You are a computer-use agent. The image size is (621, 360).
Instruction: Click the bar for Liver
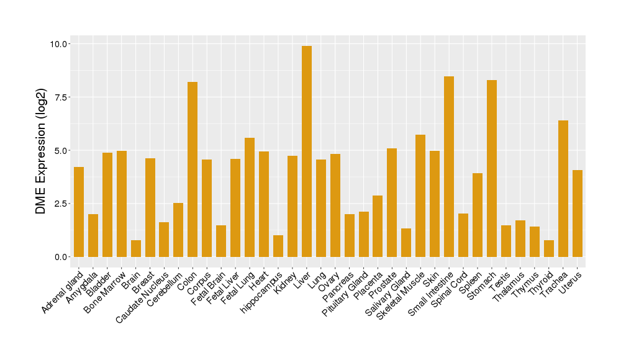(307, 151)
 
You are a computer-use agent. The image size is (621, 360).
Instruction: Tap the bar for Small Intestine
(449, 166)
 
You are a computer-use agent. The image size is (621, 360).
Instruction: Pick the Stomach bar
(492, 168)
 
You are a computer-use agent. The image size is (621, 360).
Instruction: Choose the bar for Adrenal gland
(79, 212)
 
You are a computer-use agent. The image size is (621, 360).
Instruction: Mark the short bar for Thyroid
(549, 248)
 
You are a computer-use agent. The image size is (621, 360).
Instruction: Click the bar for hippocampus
(278, 246)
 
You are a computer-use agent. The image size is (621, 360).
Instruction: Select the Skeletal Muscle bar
(420, 196)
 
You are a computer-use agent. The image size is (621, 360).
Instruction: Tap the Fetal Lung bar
(250, 197)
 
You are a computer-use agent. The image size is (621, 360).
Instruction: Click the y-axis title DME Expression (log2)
(41, 150)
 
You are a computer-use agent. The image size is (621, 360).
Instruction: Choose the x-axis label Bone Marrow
(106, 292)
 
